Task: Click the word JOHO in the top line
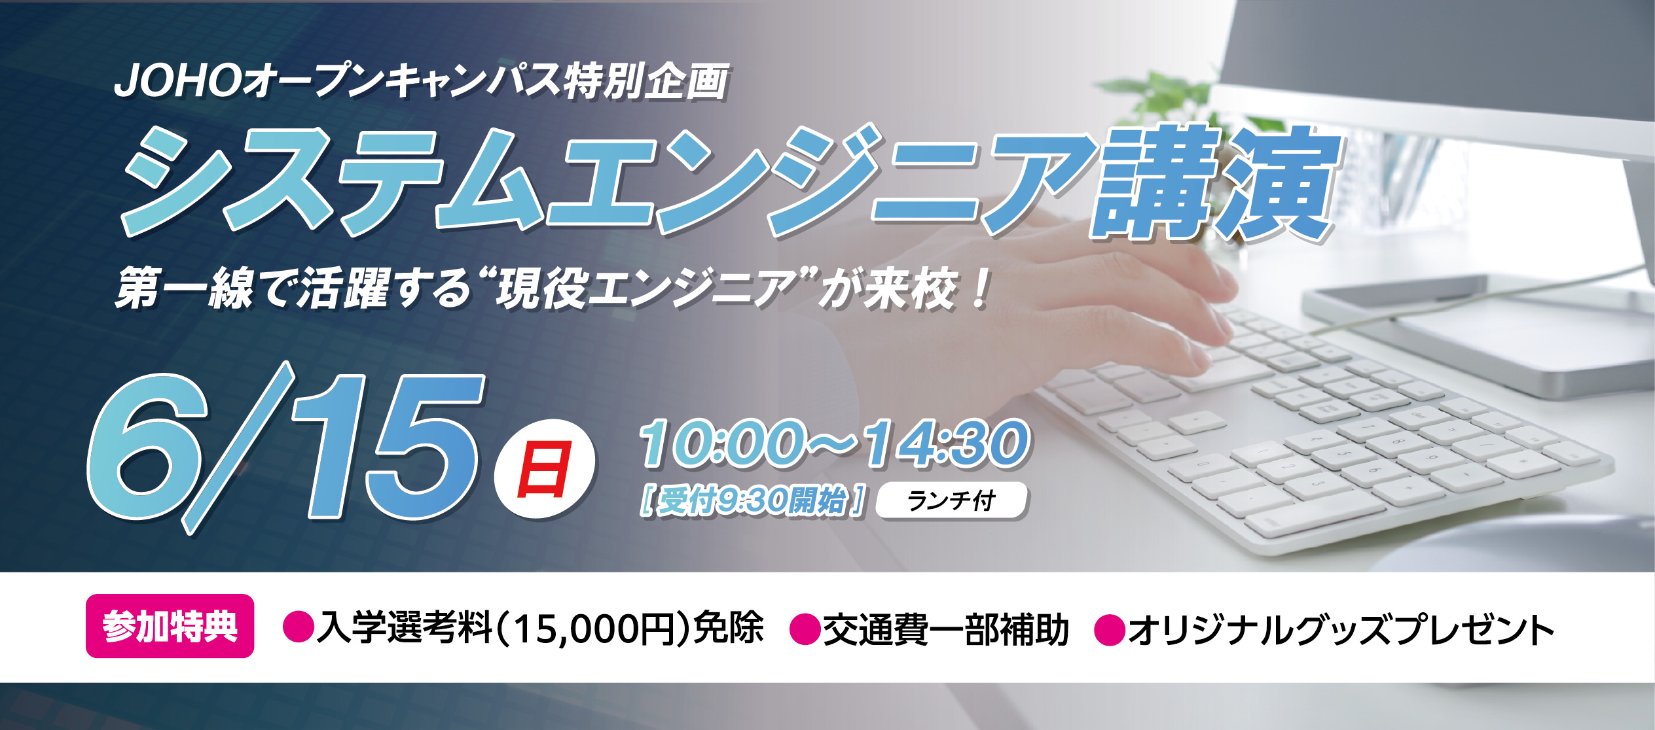177,81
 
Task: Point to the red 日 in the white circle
545,468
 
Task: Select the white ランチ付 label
951,500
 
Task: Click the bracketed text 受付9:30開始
754,501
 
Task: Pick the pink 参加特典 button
170,625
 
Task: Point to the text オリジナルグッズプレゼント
1341,629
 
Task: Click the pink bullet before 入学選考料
299,627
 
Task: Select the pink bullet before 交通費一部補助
806,629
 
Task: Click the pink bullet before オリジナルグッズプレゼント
1110,630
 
